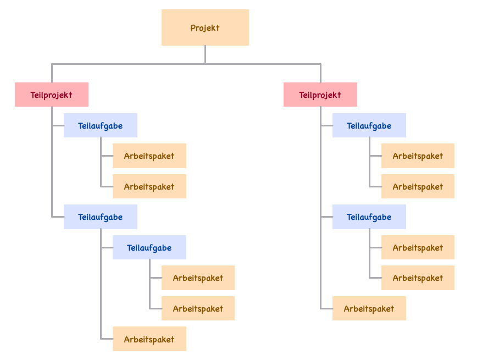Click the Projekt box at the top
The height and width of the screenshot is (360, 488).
(x=205, y=27)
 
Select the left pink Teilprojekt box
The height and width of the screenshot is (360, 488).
(x=51, y=95)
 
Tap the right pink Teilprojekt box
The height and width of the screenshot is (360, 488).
(x=320, y=95)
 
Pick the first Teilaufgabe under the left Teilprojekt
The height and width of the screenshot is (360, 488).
(x=100, y=125)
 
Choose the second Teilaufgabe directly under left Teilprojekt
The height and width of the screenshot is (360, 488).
(x=100, y=217)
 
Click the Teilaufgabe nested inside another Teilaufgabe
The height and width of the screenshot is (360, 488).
(x=149, y=247)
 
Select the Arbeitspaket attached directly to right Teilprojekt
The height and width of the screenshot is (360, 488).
(x=369, y=308)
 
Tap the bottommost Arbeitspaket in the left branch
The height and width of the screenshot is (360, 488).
(x=149, y=339)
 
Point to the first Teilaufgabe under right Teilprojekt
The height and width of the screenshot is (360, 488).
(x=369, y=125)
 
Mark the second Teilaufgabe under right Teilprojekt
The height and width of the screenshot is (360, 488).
(x=369, y=217)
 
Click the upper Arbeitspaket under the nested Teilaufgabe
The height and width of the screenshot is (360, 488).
(x=198, y=278)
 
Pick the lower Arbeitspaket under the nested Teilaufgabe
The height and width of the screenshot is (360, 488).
(x=198, y=308)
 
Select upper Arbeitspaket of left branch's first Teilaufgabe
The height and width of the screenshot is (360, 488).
(x=149, y=156)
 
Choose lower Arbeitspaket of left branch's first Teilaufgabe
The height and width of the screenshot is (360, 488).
(x=149, y=186)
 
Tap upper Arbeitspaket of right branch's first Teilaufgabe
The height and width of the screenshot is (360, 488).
(x=418, y=156)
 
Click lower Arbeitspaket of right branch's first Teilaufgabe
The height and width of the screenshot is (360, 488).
(x=418, y=186)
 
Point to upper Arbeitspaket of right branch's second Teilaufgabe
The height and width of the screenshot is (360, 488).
(x=418, y=247)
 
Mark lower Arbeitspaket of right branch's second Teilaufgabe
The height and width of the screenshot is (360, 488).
(x=418, y=278)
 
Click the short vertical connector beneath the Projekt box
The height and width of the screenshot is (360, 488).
(x=205, y=54)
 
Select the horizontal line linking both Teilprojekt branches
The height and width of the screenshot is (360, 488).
(x=132, y=64)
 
